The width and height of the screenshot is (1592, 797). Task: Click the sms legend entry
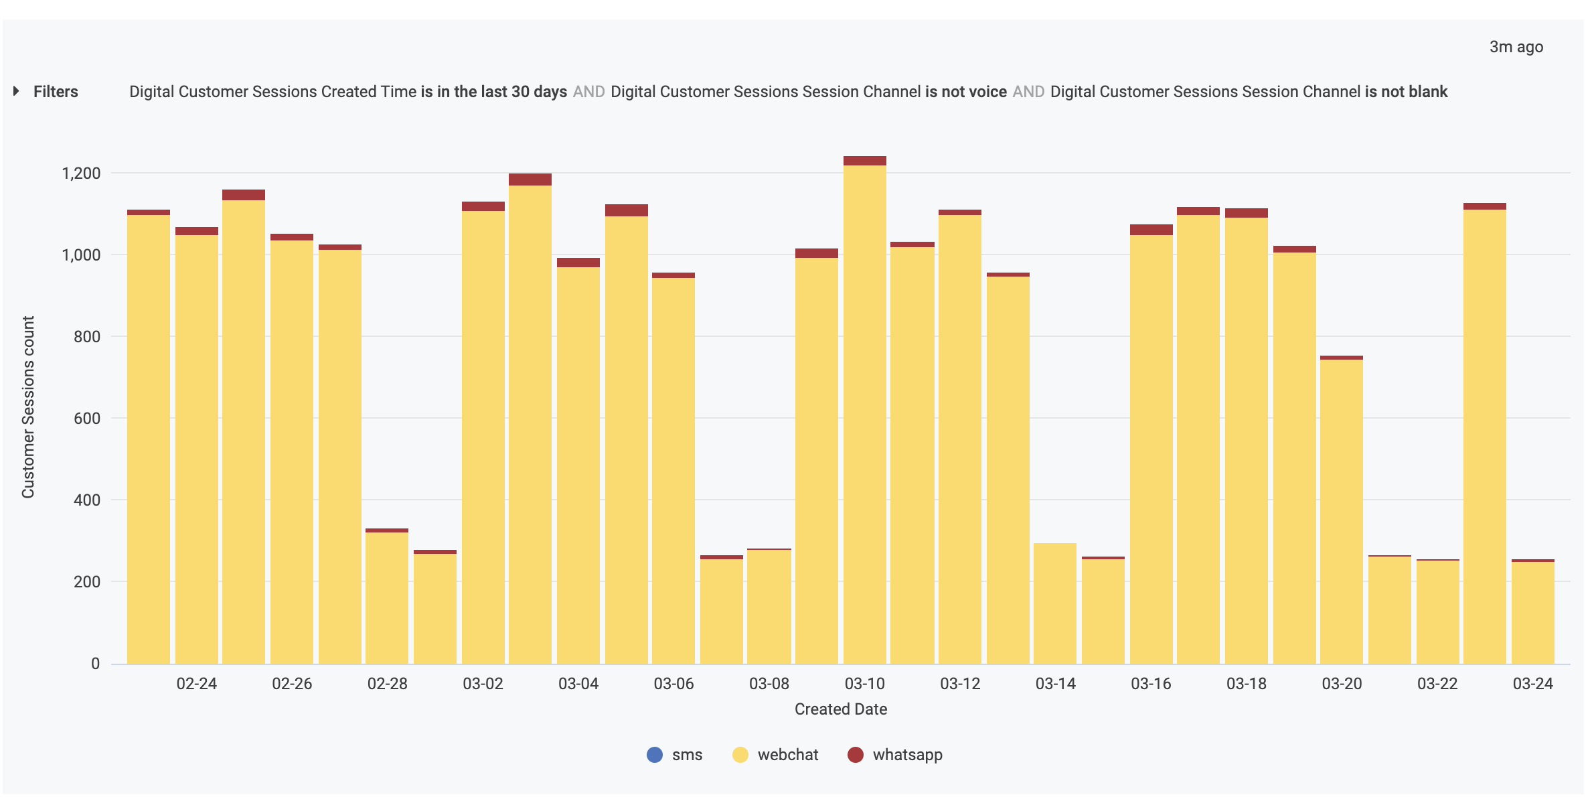click(675, 755)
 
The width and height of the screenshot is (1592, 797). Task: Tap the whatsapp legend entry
click(895, 755)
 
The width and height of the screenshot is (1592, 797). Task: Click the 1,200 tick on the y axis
click(81, 173)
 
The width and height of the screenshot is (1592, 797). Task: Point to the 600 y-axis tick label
click(87, 419)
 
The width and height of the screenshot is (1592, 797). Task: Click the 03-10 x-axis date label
click(864, 684)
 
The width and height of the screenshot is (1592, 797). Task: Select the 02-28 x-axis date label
click(387, 684)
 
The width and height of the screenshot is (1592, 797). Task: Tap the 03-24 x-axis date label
click(1532, 684)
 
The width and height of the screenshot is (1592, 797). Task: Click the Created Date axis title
click(840, 709)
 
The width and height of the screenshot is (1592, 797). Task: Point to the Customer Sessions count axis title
click(28, 407)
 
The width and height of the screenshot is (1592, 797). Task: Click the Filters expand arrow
click(16, 91)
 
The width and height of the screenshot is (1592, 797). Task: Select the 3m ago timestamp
click(1516, 47)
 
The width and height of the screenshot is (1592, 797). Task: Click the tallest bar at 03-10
click(864, 415)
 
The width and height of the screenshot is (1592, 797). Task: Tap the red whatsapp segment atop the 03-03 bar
click(530, 179)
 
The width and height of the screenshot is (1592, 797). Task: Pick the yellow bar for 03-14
click(1054, 603)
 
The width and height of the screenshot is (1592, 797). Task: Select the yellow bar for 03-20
click(1341, 509)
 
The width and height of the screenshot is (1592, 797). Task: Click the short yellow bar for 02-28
click(387, 596)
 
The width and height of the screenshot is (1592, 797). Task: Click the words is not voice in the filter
click(965, 92)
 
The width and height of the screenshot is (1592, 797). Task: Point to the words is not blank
click(1406, 92)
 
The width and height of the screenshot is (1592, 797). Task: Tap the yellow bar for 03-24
click(1532, 613)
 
